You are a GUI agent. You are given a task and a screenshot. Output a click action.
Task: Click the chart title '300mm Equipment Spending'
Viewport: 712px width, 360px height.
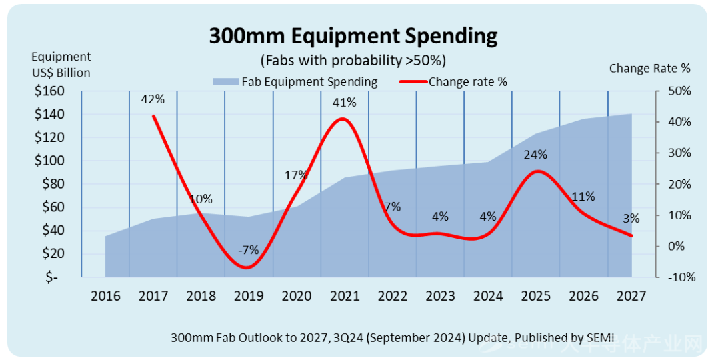point(353,36)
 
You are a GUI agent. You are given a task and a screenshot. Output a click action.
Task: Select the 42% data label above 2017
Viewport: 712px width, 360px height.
point(153,99)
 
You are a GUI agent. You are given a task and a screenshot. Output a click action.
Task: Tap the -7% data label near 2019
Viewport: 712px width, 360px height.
point(248,251)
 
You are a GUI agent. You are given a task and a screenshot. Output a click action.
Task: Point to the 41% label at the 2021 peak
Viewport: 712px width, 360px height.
point(345,103)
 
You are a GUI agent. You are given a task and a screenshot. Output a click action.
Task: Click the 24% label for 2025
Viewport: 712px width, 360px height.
point(535,155)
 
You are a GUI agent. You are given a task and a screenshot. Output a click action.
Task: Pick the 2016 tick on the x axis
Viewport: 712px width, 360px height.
point(105,296)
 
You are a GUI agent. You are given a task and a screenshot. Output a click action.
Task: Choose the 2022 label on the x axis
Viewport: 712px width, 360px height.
point(392,296)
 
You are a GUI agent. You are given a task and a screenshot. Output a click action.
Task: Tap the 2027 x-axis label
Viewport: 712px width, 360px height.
point(631,296)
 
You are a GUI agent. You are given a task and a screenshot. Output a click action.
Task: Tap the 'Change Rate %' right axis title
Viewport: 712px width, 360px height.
point(649,68)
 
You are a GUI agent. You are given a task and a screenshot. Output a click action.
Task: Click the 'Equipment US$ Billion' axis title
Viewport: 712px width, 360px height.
point(61,65)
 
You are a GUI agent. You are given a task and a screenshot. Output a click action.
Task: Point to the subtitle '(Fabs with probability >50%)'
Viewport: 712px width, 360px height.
point(353,60)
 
